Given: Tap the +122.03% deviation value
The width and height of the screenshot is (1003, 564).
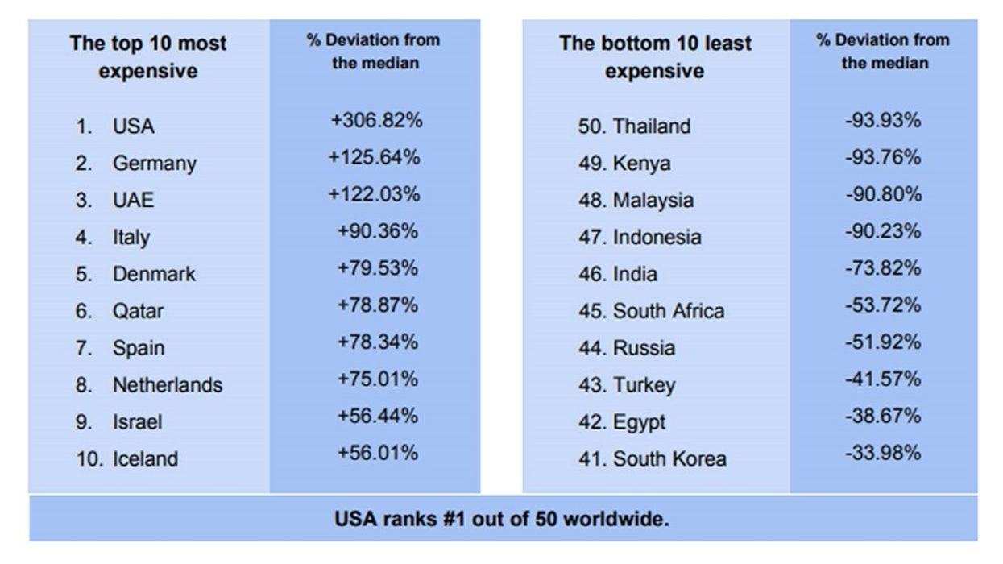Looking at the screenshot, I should [375, 194].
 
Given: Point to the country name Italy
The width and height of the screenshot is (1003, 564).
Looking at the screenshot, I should [131, 238].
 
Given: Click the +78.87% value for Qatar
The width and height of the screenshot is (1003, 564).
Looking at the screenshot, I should [378, 305].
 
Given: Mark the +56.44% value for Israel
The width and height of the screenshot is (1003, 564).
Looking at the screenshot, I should [378, 416].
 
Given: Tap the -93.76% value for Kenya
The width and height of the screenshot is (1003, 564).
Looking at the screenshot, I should [882, 157].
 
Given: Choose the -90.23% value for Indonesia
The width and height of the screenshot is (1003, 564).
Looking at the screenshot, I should [882, 231].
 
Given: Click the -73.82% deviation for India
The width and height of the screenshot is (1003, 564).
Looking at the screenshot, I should [882, 268].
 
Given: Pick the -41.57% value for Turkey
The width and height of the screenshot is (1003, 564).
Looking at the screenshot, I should [882, 379].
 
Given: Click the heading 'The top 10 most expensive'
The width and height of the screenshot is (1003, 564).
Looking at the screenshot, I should [148, 56].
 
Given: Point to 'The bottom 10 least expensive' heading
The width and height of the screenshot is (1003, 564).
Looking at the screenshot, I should [655, 56].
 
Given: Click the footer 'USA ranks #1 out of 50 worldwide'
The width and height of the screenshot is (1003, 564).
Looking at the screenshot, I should [501, 518].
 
